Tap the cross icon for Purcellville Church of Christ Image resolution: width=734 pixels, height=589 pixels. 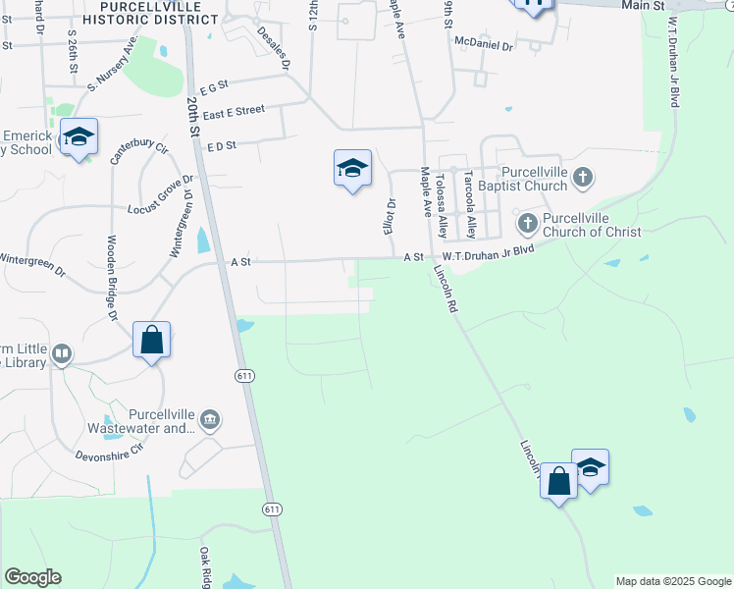(x=527, y=223)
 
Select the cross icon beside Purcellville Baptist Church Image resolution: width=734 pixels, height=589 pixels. (x=583, y=178)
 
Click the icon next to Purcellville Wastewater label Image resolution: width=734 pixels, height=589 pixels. (x=210, y=421)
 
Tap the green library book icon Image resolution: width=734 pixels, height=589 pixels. (x=62, y=354)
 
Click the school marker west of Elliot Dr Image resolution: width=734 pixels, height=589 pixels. (x=352, y=169)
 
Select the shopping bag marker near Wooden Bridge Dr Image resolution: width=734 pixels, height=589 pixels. (x=152, y=341)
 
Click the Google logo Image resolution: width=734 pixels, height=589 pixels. (x=32, y=577)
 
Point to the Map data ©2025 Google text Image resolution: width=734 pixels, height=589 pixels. (x=672, y=581)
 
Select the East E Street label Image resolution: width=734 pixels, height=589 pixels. (x=235, y=111)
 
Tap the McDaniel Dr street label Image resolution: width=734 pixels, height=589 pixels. (x=485, y=42)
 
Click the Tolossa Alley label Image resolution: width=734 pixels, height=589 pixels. (x=443, y=206)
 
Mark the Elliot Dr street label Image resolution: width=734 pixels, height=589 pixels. (x=389, y=216)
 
